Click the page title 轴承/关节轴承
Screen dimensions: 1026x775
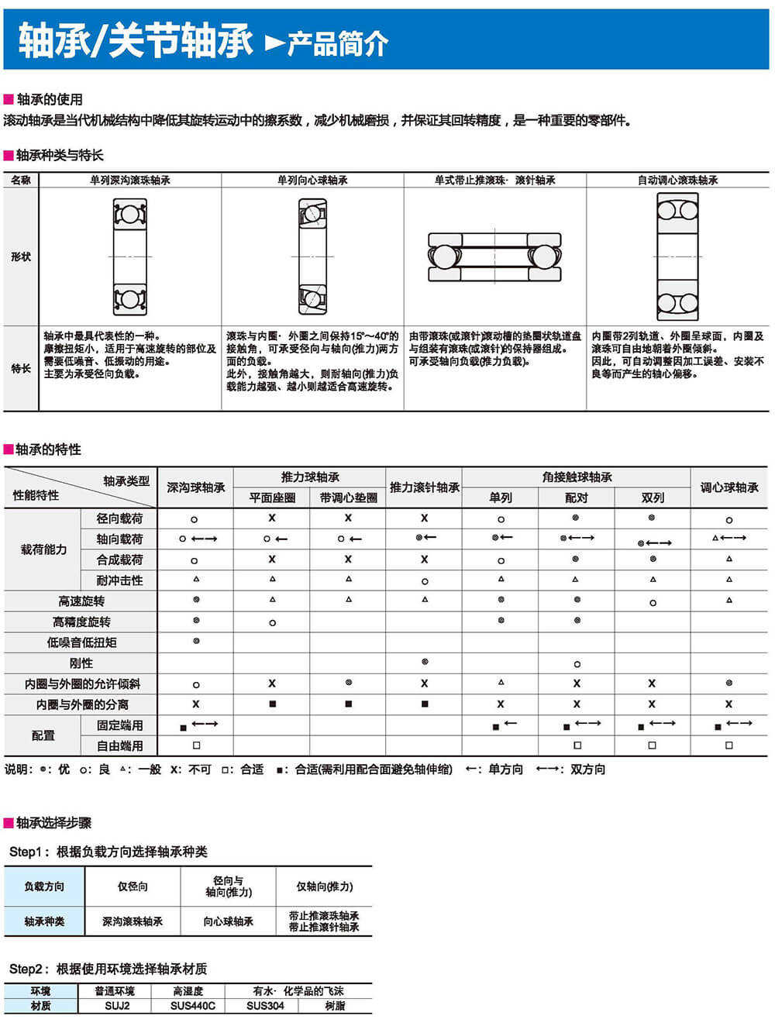pos(136,41)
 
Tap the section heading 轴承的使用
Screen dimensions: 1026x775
pos(50,99)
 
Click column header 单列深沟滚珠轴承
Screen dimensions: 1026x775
pos(129,181)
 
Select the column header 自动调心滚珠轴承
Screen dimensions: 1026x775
pos(677,181)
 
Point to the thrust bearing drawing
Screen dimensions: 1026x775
pos(494,256)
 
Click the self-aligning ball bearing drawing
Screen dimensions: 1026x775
pos(677,256)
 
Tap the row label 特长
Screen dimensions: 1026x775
pos(21,368)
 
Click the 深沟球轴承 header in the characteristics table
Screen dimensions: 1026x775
pos(195,487)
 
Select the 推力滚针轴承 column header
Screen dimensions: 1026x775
pos(424,487)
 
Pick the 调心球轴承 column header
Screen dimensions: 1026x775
pos(729,487)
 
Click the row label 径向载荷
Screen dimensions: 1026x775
pos(119,518)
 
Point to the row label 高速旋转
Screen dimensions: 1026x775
pos(81,601)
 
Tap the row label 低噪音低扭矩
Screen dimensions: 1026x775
pos(81,642)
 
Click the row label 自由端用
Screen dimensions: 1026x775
pos(119,745)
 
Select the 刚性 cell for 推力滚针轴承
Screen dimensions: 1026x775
pos(425,663)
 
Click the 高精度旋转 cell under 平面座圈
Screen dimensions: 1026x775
pos(272,622)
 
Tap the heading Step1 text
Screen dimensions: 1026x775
pos(108,852)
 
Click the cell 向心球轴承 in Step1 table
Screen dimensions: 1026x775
pos(228,921)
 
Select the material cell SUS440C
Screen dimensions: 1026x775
pos(192,1006)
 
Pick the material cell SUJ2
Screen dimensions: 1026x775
pos(117,1006)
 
